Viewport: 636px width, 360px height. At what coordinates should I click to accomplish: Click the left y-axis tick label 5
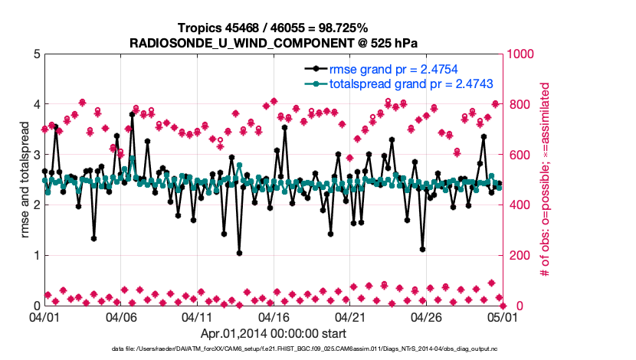[37, 54]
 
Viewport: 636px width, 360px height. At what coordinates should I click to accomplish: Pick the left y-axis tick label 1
[37, 255]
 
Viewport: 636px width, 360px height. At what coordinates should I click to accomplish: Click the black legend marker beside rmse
[314, 70]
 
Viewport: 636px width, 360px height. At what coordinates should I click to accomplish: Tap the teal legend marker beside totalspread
[314, 83]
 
